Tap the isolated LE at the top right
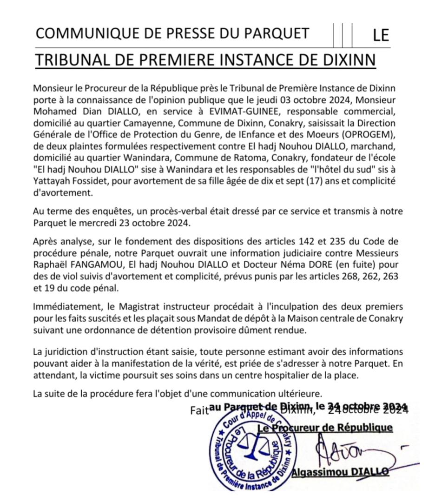(x=381, y=35)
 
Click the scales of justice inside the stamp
(x=253, y=445)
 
